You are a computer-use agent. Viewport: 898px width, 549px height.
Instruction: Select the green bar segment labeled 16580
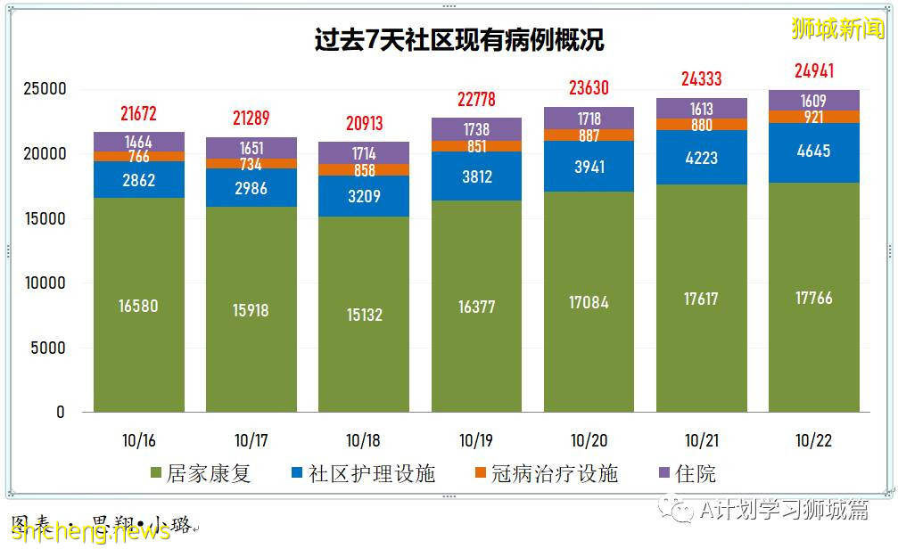(x=138, y=306)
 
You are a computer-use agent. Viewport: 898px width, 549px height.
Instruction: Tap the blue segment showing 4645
(x=813, y=152)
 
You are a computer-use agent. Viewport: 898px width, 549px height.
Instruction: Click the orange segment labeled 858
(x=364, y=170)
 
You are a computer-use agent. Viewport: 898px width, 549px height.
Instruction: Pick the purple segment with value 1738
(x=476, y=129)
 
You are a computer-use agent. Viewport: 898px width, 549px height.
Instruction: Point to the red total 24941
(x=813, y=71)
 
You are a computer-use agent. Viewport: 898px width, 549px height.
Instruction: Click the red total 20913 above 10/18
(x=364, y=124)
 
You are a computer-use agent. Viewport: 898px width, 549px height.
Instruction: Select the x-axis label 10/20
(x=589, y=440)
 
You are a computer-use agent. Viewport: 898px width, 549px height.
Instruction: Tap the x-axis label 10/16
(x=138, y=440)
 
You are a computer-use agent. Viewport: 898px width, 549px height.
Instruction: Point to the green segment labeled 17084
(x=589, y=302)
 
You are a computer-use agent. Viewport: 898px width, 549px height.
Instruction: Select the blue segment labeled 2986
(x=251, y=187)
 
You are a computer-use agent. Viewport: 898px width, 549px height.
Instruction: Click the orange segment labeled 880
(x=702, y=125)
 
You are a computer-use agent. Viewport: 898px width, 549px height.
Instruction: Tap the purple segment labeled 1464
(x=138, y=142)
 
